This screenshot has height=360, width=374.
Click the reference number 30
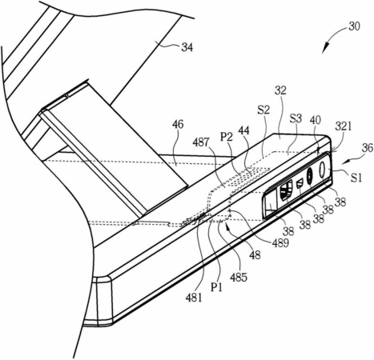coord(354,26)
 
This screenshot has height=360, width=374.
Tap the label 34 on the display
coord(187,47)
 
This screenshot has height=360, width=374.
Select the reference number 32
coord(280,90)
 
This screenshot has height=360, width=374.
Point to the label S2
coord(263,110)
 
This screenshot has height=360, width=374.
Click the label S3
coord(296,118)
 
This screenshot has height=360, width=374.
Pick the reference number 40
coord(316,120)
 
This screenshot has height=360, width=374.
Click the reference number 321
coord(344,126)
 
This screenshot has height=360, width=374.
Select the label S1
coord(356,178)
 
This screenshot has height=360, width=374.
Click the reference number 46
coord(178,124)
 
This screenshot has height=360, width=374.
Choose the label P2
coord(226,137)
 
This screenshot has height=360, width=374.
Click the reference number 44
coord(244,130)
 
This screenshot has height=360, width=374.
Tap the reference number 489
coord(280,243)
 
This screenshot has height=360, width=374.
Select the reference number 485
coord(239,278)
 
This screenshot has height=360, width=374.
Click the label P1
coord(216,288)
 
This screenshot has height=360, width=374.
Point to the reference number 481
coord(194,298)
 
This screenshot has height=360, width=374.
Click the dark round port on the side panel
coord(310,176)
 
